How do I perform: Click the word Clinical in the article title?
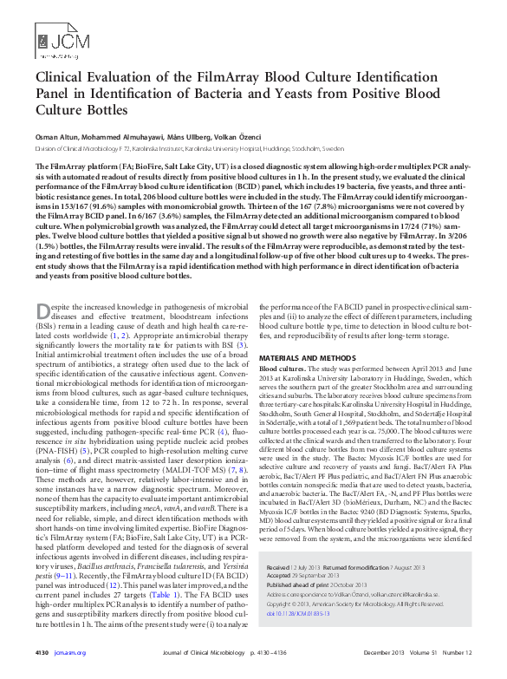coord(58,77)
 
